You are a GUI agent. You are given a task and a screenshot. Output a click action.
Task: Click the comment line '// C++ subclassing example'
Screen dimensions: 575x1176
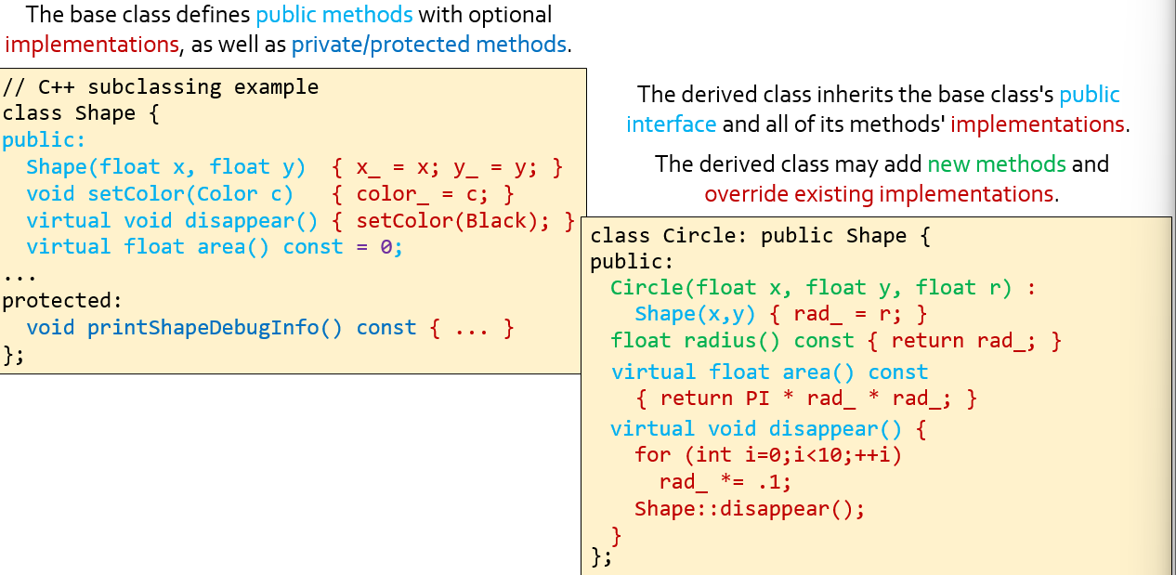[x=161, y=87]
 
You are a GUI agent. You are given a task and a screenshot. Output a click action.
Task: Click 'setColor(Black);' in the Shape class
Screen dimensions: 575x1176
[x=454, y=221]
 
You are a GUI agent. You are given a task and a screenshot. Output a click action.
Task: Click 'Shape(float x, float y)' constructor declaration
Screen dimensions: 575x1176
[x=166, y=167]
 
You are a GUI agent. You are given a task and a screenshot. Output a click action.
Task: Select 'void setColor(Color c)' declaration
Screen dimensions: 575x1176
[x=160, y=194]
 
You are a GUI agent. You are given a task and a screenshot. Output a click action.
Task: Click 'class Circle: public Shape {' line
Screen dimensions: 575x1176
[x=760, y=236]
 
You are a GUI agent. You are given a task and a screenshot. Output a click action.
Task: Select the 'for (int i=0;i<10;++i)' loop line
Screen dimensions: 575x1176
[x=768, y=455]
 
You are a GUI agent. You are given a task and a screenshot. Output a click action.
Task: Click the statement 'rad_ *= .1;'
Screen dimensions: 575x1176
[x=725, y=482]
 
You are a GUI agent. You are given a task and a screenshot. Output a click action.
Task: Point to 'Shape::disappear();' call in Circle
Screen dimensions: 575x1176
[x=749, y=509]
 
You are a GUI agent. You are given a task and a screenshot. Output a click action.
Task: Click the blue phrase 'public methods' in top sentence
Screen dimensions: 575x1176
[x=334, y=15]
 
